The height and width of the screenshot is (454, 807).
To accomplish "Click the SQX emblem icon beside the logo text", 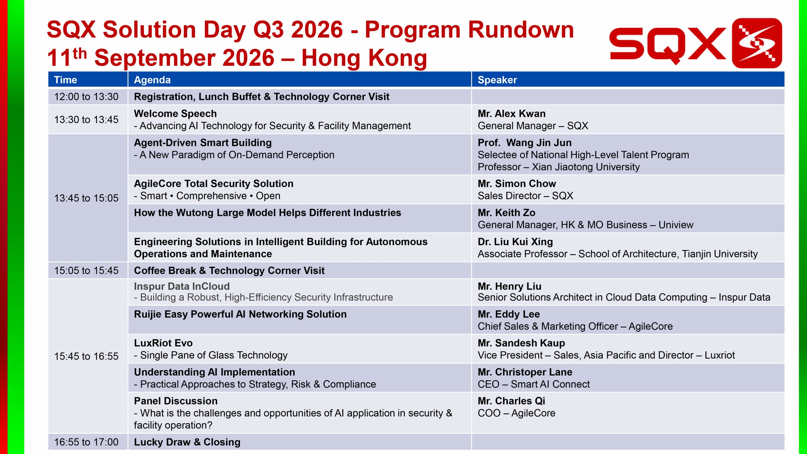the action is click(757, 43).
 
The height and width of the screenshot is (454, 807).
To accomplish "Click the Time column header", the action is click(65, 80).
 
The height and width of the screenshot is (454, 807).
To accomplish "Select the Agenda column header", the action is click(152, 80).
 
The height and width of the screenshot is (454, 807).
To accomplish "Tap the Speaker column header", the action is click(497, 80).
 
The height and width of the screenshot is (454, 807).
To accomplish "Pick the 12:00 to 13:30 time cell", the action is click(86, 96).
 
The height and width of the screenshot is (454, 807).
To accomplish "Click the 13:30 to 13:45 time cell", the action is click(86, 119).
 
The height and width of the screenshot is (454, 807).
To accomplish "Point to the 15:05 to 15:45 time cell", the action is click(86, 271).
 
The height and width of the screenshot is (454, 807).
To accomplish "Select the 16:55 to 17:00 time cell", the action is click(86, 442).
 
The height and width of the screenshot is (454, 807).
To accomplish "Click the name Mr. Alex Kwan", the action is click(511, 113).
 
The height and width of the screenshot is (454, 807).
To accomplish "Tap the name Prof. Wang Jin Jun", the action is click(525, 143).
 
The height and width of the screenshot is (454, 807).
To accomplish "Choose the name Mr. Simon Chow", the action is click(517, 183).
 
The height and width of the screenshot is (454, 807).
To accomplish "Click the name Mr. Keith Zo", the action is click(506, 212).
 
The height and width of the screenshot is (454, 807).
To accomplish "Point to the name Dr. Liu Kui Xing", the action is click(515, 242).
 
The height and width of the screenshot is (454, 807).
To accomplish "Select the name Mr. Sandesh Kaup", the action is click(521, 343).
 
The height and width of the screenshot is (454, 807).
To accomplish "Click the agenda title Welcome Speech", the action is click(175, 113).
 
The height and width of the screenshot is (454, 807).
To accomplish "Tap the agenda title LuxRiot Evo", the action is click(163, 343).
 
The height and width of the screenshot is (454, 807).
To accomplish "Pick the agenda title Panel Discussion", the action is click(176, 401).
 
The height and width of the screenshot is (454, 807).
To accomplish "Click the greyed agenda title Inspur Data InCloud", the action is click(182, 286).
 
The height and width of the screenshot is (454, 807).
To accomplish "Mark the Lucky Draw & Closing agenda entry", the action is click(187, 442).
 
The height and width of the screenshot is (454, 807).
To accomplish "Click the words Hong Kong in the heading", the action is click(364, 58).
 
